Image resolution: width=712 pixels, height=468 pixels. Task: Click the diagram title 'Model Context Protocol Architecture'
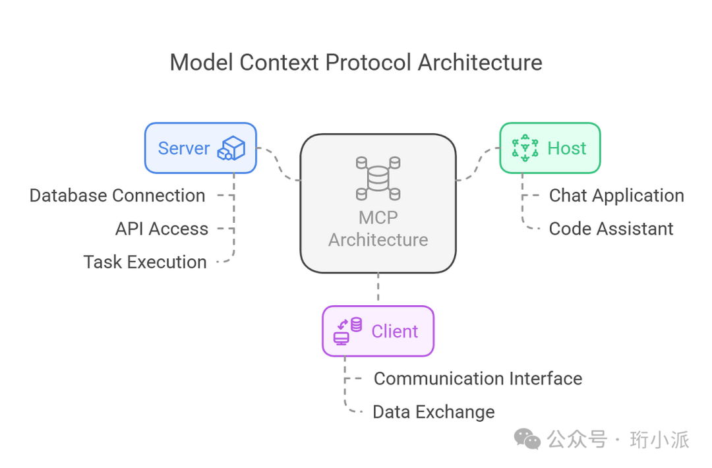356,63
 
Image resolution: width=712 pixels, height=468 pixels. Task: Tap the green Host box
550,148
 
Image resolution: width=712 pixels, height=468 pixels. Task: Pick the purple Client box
378,331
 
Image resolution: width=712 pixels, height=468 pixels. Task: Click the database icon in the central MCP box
378,178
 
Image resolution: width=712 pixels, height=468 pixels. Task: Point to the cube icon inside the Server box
232,148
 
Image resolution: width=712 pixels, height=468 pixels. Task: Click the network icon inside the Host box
525,148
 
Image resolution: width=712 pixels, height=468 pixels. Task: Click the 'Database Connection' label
117,196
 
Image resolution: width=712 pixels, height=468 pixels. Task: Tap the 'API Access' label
162,229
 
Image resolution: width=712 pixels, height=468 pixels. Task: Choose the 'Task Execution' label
145,262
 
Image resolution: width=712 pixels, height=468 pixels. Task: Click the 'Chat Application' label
616,196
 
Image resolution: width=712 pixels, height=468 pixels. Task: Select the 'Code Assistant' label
611,229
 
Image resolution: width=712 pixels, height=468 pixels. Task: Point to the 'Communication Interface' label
478,378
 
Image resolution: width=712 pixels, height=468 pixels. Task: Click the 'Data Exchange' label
434,412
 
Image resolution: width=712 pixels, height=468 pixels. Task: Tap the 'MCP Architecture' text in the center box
378,228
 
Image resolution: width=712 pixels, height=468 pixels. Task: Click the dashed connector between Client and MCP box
378,289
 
